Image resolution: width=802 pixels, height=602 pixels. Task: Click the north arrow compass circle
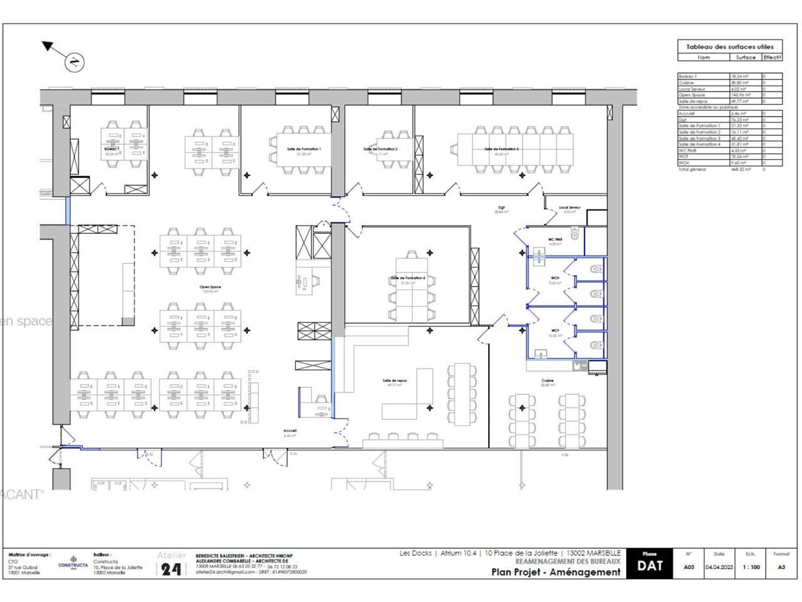click(74, 61)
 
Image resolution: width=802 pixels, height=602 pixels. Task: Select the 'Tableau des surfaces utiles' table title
click(730, 46)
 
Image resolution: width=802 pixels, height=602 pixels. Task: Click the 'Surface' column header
click(746, 57)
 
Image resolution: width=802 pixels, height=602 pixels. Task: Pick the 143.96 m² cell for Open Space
click(745, 95)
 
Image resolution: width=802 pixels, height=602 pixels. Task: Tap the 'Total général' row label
click(692, 169)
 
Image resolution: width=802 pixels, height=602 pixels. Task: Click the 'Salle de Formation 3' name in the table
click(699, 138)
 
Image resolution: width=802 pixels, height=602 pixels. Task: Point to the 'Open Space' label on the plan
click(210, 287)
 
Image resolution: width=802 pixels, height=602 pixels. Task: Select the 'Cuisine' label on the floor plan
click(548, 381)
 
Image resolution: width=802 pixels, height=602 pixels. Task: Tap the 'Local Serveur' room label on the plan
click(570, 208)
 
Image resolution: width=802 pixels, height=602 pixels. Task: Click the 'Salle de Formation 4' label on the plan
click(408, 278)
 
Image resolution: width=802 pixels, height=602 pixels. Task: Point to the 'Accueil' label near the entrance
click(289, 431)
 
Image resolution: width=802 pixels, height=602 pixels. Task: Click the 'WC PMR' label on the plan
click(555, 240)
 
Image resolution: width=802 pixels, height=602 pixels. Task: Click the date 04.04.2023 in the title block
click(719, 567)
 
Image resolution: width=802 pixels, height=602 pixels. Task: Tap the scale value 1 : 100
click(751, 567)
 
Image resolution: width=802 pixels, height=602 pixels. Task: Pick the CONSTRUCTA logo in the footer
click(73, 562)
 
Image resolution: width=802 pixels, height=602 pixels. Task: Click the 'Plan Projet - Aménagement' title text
click(556, 571)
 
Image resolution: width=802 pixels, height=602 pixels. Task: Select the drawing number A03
click(689, 567)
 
